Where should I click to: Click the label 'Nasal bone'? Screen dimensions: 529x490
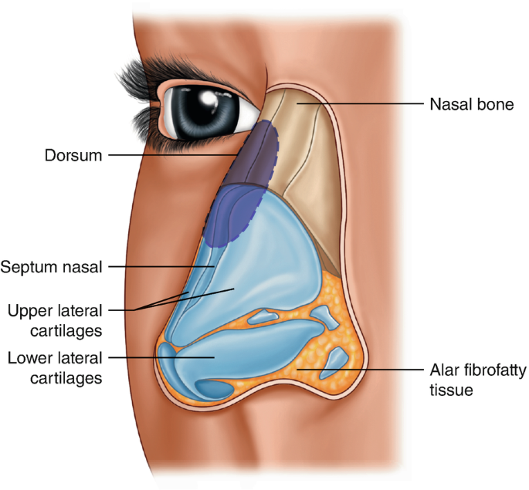(470, 103)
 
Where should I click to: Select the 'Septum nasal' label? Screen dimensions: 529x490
(53, 268)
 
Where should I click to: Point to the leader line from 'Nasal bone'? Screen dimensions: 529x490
(363, 102)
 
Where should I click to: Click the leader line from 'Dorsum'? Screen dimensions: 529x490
(178, 154)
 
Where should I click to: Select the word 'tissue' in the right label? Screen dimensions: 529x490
(451, 390)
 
